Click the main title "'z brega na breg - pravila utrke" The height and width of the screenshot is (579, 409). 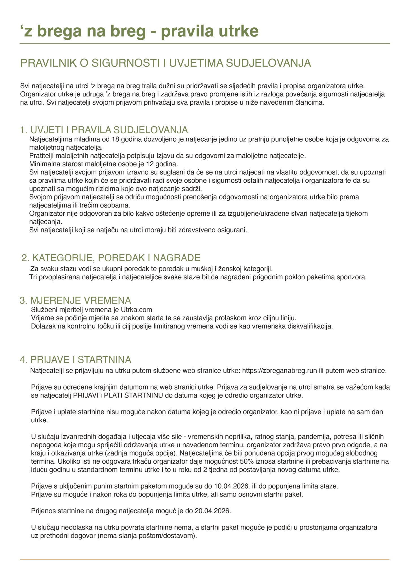(139, 31)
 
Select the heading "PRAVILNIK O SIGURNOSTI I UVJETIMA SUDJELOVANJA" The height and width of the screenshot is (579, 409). (166, 63)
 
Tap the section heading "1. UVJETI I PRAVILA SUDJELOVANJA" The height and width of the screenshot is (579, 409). (104, 130)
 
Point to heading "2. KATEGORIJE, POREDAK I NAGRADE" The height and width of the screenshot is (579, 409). (111, 258)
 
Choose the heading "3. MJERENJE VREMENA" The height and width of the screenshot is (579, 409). (75, 300)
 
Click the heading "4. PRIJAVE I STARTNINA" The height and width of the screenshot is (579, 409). (75, 360)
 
